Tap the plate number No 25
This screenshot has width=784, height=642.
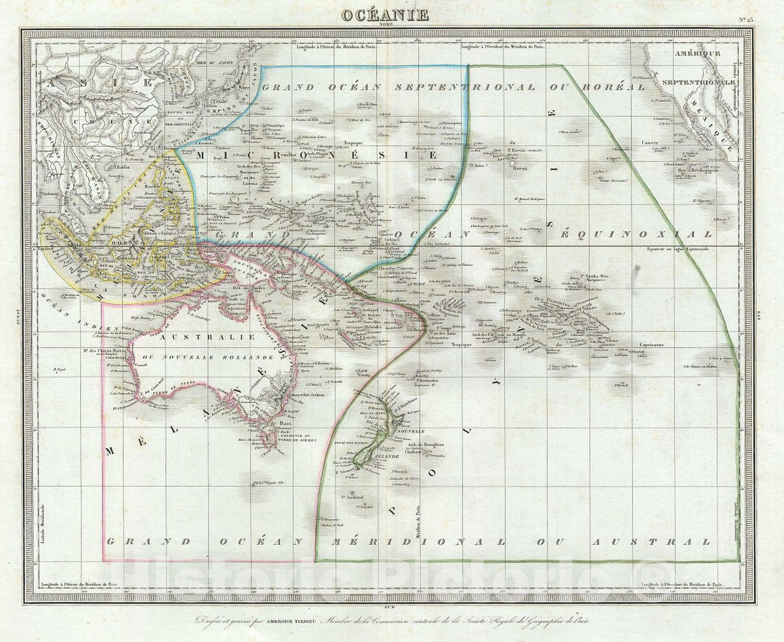(745, 20)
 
